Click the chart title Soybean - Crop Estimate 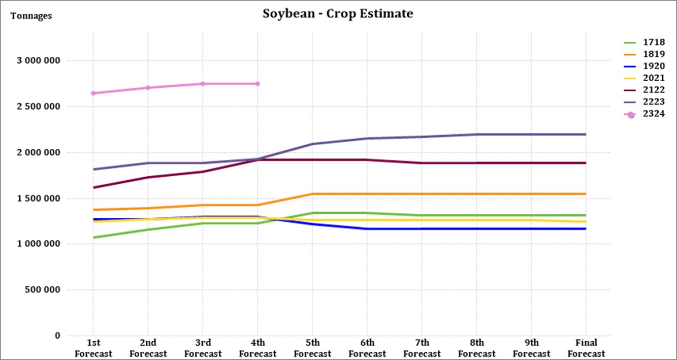(x=338, y=14)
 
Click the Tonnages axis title (x=31, y=16)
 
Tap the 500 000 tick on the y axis (x=42, y=290)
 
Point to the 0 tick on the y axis (x=57, y=336)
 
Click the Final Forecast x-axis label (x=586, y=348)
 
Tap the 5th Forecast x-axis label (x=312, y=348)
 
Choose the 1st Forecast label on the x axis (x=93, y=348)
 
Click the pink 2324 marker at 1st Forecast (x=93, y=93)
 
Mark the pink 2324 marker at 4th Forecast (x=257, y=84)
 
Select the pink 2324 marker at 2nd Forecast (x=148, y=88)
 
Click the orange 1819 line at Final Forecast (x=586, y=194)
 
